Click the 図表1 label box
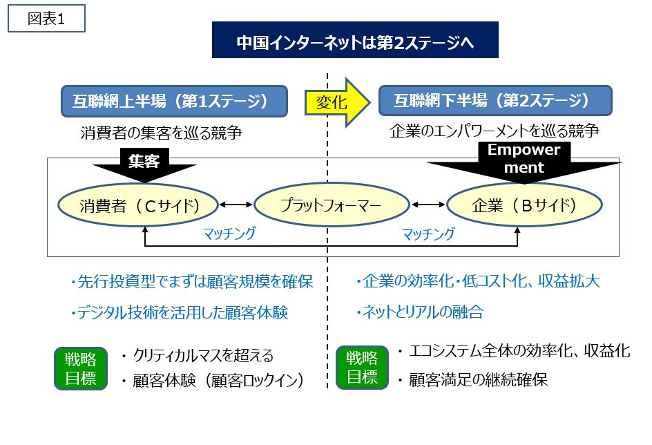coord(46,18)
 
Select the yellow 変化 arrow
coord(337,102)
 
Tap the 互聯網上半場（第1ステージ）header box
coord(174,101)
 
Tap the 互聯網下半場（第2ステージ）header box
coord(495,101)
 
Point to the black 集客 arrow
coord(144,165)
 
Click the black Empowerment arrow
coord(524,162)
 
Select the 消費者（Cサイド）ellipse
coord(138,205)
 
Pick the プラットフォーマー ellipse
coord(332,205)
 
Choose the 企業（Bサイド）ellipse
coord(524,205)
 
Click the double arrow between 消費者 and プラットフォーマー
coord(236,205)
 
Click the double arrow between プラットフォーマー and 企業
coord(428,205)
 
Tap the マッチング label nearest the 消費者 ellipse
coord(229,234)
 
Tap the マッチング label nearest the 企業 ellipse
coord(429,234)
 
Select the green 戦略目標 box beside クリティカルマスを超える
coord(81,368)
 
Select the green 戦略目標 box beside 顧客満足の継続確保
coord(362,367)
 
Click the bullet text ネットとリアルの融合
coord(419,312)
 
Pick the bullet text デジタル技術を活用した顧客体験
coord(179,312)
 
